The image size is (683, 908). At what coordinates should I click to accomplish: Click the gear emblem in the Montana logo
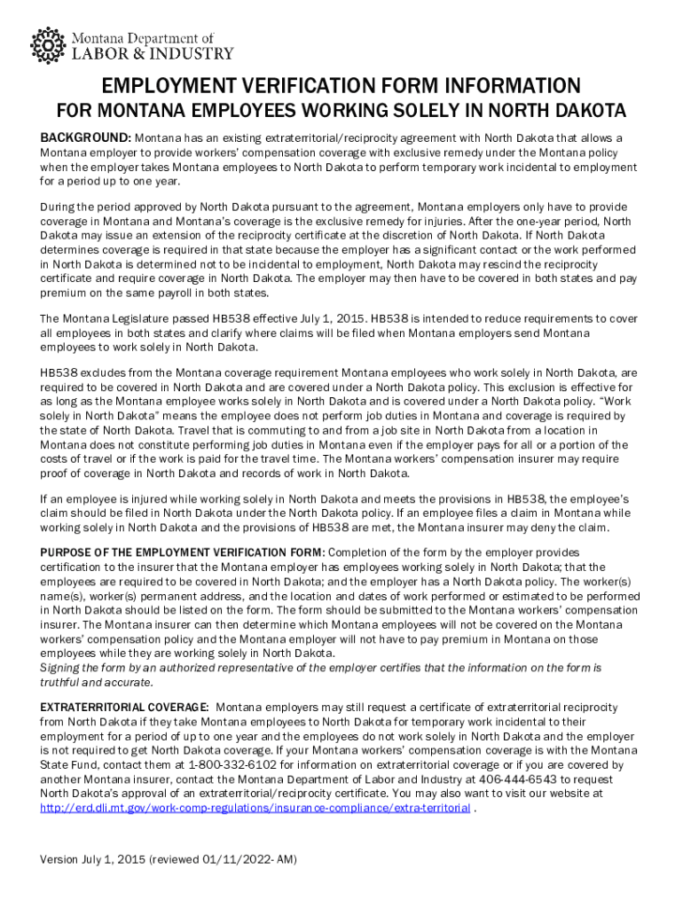[48, 45]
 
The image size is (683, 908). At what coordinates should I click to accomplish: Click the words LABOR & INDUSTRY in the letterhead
[153, 53]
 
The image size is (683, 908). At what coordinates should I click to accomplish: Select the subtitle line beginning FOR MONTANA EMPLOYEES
[341, 112]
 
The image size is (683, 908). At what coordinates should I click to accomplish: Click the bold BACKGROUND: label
[86, 138]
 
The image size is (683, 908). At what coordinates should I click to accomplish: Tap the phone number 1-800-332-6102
[231, 764]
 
